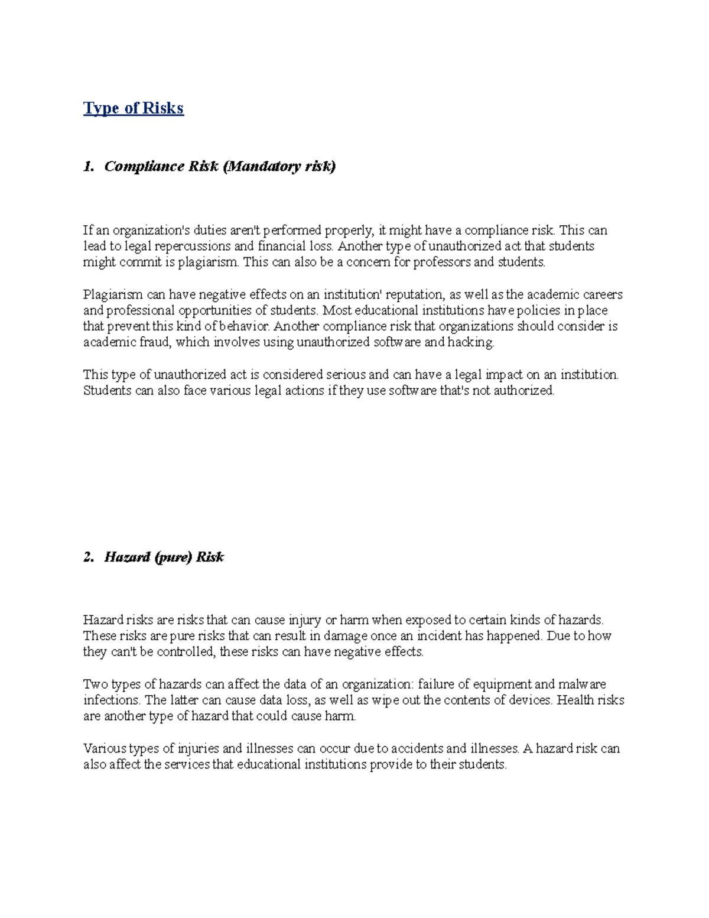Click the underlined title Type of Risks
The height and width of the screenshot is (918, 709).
[x=134, y=108]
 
